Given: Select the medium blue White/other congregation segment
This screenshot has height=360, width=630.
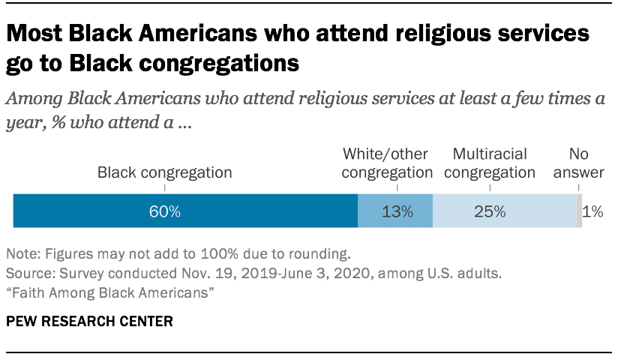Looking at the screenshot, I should pyautogui.click(x=395, y=211).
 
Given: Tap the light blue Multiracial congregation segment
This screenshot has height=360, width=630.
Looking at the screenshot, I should pyautogui.click(x=504, y=211).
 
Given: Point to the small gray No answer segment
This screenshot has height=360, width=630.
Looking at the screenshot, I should pyautogui.click(x=578, y=211).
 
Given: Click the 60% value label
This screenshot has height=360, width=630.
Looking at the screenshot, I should pyautogui.click(x=164, y=211).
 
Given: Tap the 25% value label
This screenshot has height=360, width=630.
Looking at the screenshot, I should pyautogui.click(x=490, y=211).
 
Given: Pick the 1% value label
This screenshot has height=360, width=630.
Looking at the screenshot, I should pyautogui.click(x=593, y=211).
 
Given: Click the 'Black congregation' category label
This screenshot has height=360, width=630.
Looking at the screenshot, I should pyautogui.click(x=164, y=172).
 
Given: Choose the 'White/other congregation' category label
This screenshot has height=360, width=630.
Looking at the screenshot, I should pyautogui.click(x=387, y=163).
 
